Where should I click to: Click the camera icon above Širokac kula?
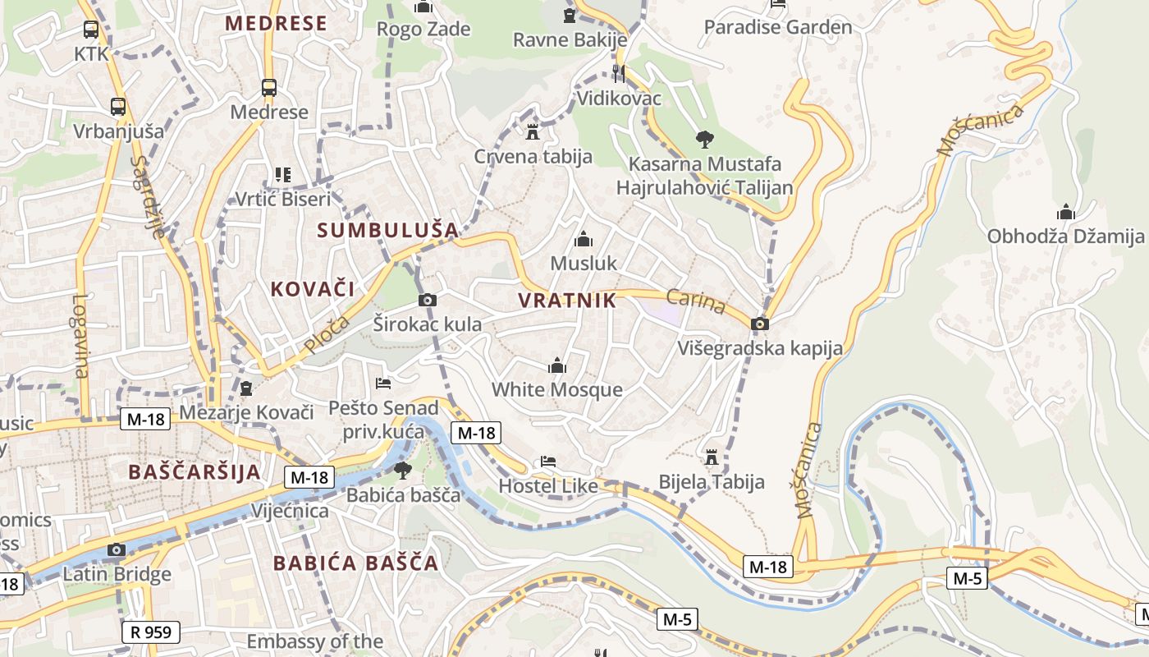pos(427,300)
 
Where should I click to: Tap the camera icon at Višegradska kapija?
pos(760,324)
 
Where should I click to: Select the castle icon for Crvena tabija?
pos(533,131)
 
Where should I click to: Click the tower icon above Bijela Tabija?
pos(712,457)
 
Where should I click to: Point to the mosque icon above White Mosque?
pos(557,365)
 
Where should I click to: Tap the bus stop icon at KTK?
pos(91,30)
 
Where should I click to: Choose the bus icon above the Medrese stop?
pos(268,88)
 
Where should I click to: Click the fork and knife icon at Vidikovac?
pos(619,74)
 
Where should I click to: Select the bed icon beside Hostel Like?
pos(548,462)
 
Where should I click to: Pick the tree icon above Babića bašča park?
pos(402,471)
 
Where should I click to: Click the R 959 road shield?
pos(151,632)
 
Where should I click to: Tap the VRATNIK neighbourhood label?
pos(567,301)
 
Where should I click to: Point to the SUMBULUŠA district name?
pos(387,230)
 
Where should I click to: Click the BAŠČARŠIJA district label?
pos(195,472)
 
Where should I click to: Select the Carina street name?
pos(696,301)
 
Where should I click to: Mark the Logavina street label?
pos(80,336)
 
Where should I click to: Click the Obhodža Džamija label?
pos(1065,237)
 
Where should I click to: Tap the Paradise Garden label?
pos(778,27)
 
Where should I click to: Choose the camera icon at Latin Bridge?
pos(117,549)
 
